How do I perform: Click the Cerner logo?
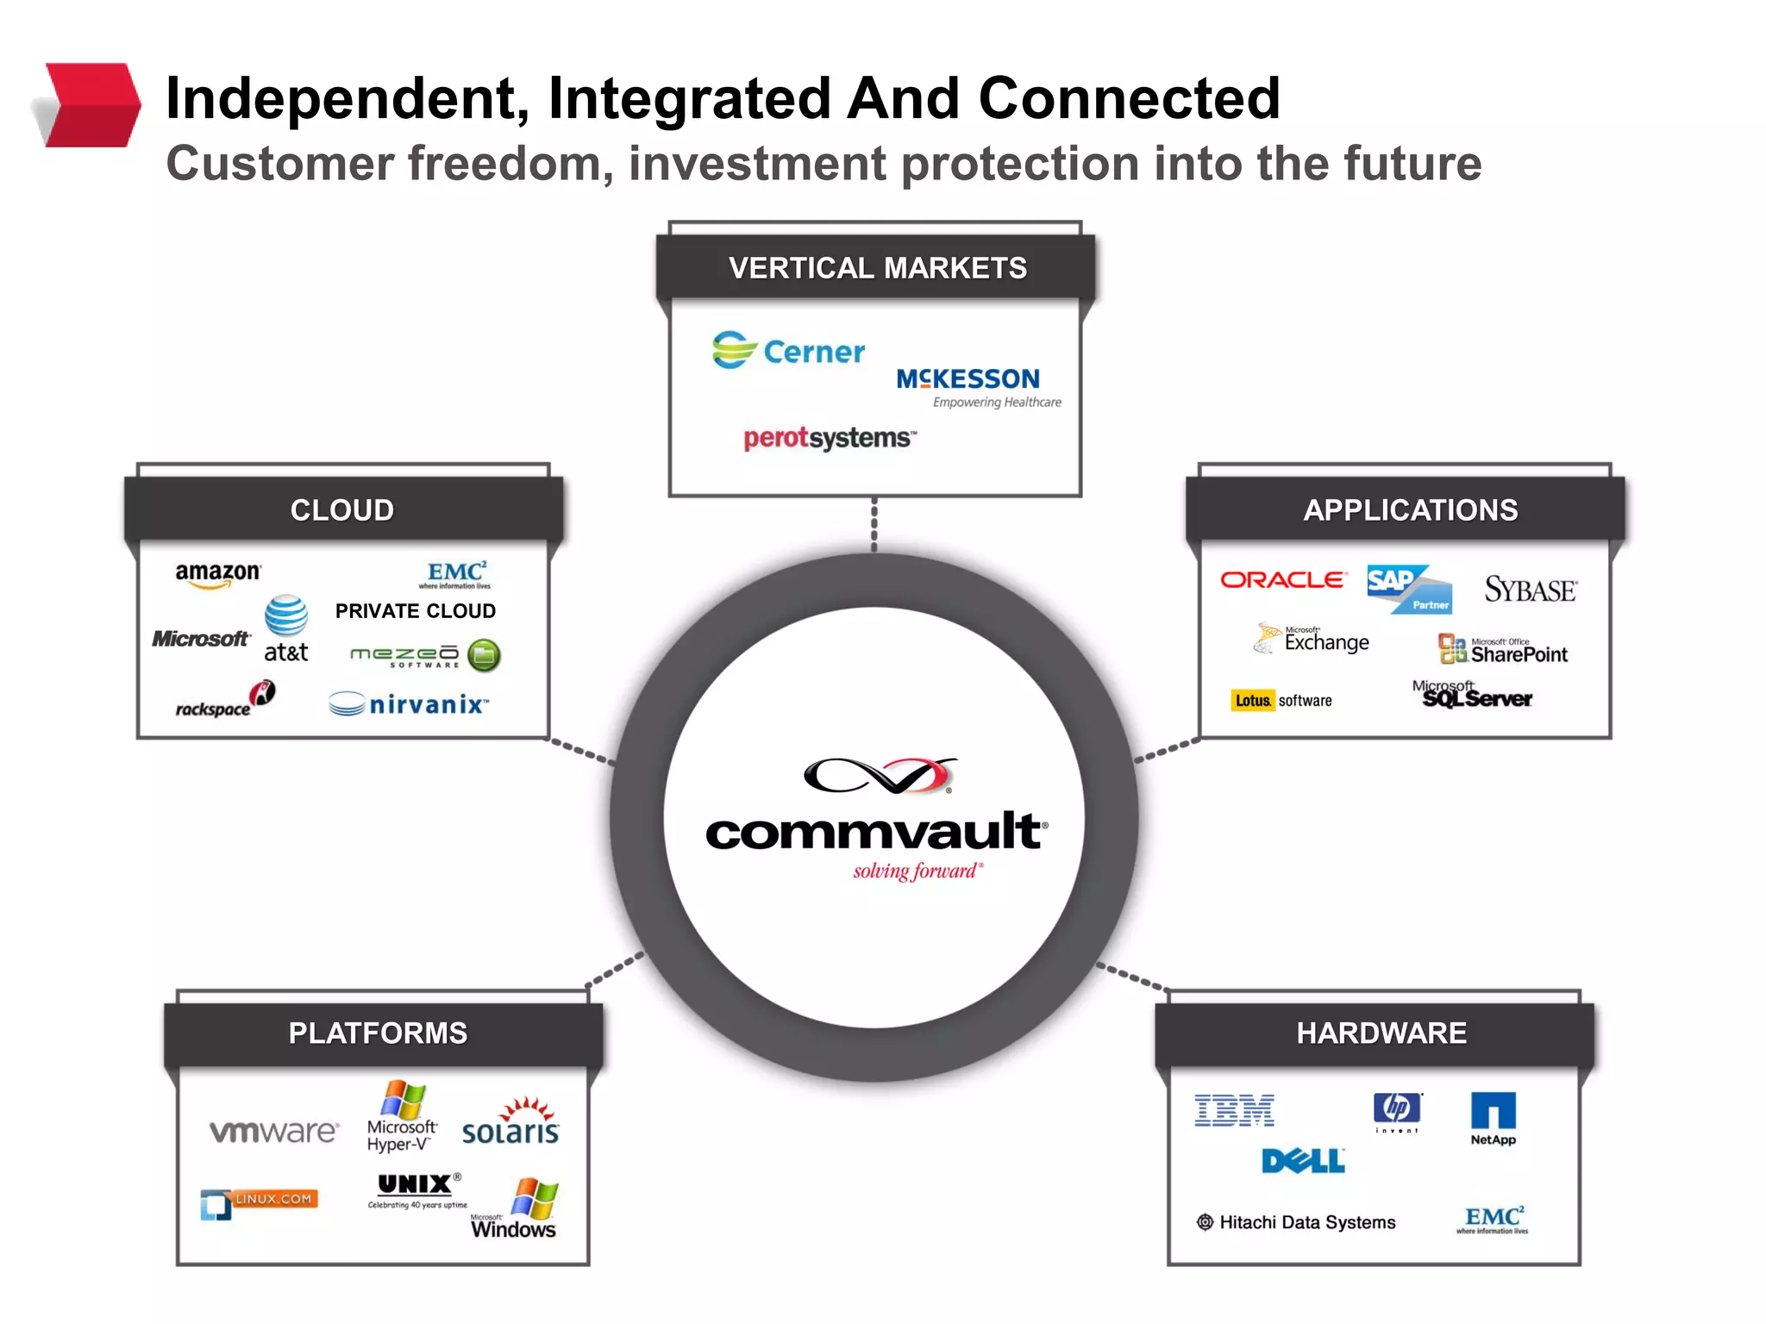[788, 351]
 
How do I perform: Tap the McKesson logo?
[969, 380]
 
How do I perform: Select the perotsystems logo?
[828, 438]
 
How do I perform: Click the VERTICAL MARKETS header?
[876, 268]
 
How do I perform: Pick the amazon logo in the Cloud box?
[216, 574]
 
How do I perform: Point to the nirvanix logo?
[409, 704]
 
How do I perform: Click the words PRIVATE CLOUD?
[415, 611]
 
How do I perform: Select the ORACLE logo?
[1282, 580]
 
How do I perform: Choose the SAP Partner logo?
[1409, 589]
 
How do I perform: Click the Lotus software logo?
[1282, 701]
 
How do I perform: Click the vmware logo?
[274, 1131]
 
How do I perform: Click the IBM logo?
[1234, 1110]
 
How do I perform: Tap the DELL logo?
[1302, 1161]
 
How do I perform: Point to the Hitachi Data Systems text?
[1306, 1222]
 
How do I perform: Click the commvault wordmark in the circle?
[875, 832]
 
